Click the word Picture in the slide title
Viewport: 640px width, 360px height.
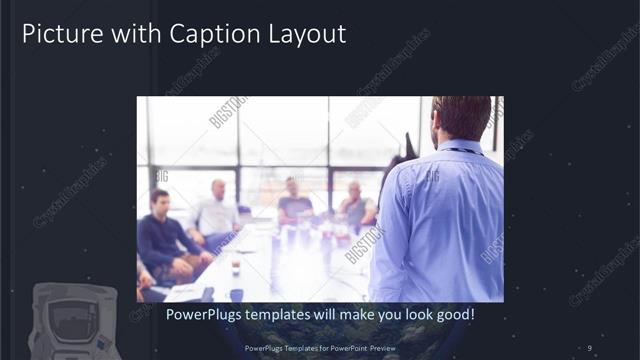tap(59, 34)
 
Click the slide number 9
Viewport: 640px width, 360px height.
tap(590, 348)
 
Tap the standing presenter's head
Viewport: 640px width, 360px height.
tap(461, 118)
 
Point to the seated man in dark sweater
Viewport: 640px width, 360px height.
tap(160, 240)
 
